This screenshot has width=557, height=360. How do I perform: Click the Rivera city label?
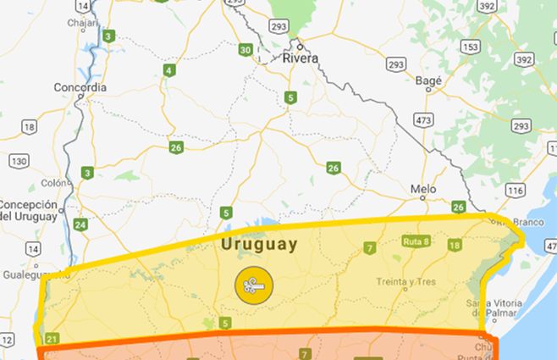click(301, 58)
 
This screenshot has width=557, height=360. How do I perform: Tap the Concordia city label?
click(80, 87)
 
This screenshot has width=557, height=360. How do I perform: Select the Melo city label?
click(422, 189)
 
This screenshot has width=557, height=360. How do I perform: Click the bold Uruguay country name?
click(259, 245)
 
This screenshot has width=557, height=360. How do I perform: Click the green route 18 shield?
click(455, 246)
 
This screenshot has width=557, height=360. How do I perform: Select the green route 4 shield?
click(170, 70)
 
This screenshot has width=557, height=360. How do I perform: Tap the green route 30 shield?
click(245, 50)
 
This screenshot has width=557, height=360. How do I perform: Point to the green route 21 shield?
click(52, 340)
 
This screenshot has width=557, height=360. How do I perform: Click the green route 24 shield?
click(80, 224)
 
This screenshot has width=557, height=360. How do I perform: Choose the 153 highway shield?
click(472, 47)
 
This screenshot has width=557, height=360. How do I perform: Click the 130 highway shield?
click(19, 161)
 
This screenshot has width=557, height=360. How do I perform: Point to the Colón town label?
click(52, 182)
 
